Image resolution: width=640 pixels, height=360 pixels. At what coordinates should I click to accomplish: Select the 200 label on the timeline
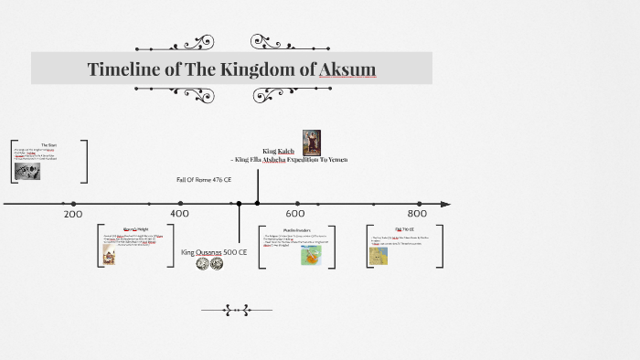[73, 214]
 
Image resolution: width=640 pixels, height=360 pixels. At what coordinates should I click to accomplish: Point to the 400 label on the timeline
[180, 214]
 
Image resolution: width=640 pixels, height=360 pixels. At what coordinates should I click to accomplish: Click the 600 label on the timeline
[294, 214]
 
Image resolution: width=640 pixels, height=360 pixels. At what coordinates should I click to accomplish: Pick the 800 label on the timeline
[418, 214]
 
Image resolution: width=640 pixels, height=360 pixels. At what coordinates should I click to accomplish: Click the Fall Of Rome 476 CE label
[204, 180]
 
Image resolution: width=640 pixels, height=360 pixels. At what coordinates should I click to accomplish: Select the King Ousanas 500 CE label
[214, 252]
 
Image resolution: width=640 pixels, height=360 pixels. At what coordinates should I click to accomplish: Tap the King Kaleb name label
[278, 151]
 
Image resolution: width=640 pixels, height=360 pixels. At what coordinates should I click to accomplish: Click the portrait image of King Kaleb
[311, 143]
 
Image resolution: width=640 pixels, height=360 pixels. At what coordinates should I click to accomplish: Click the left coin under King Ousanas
[202, 263]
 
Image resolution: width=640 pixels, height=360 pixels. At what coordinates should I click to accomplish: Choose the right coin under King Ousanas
[217, 263]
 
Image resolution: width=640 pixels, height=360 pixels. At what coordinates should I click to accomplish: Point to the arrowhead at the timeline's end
[446, 203]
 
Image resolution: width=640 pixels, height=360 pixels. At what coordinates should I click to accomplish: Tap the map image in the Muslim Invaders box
[311, 255]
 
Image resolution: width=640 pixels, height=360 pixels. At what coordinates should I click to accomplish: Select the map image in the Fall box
[378, 255]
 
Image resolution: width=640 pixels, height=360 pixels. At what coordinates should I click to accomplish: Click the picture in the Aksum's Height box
[109, 257]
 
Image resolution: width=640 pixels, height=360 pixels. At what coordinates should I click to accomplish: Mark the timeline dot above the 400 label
[180, 203]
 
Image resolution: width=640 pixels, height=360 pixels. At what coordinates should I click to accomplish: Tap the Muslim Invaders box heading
[297, 229]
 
